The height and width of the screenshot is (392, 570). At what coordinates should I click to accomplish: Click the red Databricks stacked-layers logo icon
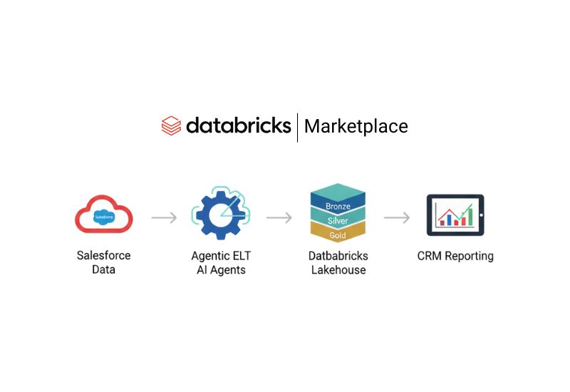click(171, 126)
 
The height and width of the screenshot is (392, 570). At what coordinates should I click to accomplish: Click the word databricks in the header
click(238, 126)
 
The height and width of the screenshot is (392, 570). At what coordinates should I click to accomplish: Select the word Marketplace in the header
click(356, 127)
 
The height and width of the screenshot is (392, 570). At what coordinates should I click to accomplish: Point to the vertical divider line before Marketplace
click(297, 127)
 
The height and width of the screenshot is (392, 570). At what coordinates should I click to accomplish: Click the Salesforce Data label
click(104, 262)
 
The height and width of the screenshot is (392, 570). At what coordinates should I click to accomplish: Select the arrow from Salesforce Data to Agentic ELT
click(164, 217)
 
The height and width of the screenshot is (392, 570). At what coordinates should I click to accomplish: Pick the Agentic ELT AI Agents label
click(221, 262)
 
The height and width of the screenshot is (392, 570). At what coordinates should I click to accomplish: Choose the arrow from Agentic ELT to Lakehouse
click(279, 217)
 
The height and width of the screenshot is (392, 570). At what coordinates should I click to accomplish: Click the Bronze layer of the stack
click(338, 206)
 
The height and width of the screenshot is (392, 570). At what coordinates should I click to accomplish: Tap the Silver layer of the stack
click(338, 221)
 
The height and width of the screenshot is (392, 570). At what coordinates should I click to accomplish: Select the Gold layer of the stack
click(338, 234)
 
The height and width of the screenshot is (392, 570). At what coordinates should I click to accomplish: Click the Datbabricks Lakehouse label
click(338, 262)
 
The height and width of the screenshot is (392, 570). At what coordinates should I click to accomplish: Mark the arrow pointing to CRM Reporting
click(397, 217)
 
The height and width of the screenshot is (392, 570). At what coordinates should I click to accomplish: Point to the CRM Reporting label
click(455, 256)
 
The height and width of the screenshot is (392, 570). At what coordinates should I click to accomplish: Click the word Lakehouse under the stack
click(338, 270)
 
